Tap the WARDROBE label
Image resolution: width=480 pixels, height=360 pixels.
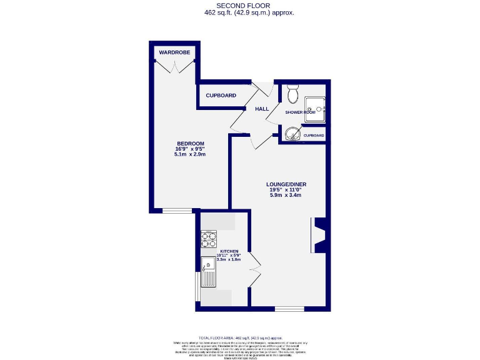pyautogui.click(x=174, y=52)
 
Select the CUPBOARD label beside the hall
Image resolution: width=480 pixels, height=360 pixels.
pyautogui.click(x=221, y=96)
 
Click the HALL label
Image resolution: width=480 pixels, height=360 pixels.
pyautogui.click(x=261, y=109)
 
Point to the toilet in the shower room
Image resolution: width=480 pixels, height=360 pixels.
pyautogui.click(x=293, y=95)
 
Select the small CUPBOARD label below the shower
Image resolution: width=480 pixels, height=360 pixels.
pyautogui.click(x=314, y=136)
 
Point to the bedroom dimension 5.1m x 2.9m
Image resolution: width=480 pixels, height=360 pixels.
pyautogui.click(x=191, y=154)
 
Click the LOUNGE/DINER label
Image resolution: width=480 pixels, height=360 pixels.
pyautogui.click(x=286, y=184)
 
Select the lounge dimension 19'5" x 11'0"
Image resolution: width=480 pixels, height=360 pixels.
pyautogui.click(x=286, y=190)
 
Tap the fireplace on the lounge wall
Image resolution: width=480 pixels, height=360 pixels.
pyautogui.click(x=319, y=235)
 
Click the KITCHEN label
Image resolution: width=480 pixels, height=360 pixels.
pyautogui.click(x=229, y=251)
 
